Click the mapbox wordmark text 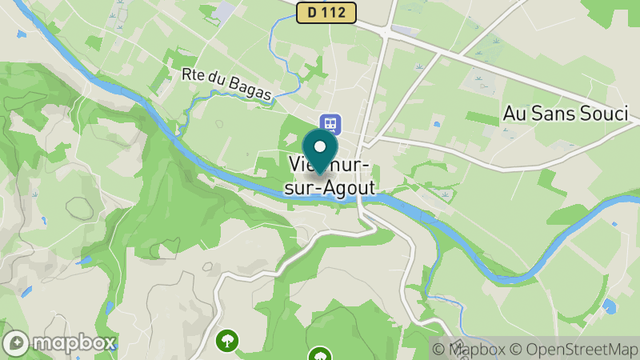(x=73, y=343)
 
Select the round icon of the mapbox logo (x=17, y=343)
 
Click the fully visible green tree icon (x=228, y=341)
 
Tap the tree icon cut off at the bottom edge (x=320, y=354)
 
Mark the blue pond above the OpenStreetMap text (x=609, y=306)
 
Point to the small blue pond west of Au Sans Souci (x=436, y=124)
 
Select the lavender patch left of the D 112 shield (x=225, y=10)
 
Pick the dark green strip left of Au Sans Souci (x=482, y=118)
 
